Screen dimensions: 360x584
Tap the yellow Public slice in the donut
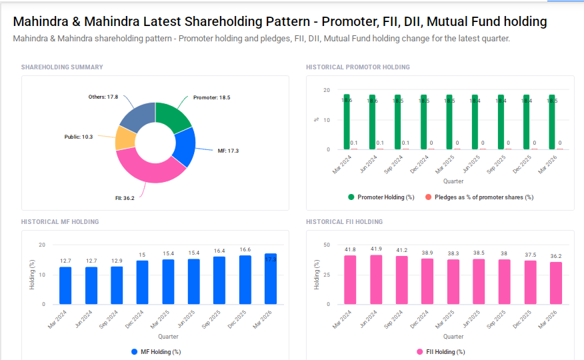coord(124,138)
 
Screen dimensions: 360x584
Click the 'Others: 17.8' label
coord(103,97)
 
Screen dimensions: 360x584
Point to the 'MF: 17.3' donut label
coord(228,151)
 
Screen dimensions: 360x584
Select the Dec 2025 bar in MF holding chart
coord(245,280)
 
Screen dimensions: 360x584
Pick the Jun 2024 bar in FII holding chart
coord(376,279)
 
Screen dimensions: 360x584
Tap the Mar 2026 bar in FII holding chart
coord(556,283)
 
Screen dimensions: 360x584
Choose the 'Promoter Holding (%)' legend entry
coord(381,197)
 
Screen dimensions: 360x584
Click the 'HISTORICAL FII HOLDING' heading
coord(344,222)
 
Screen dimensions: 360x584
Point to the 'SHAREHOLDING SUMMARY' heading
coord(62,67)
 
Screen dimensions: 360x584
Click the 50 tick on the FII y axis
coord(326,245)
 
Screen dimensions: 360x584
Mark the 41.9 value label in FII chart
coord(376,249)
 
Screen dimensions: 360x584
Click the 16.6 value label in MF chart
coord(245,249)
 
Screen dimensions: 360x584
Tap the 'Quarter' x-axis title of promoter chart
coord(453,181)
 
